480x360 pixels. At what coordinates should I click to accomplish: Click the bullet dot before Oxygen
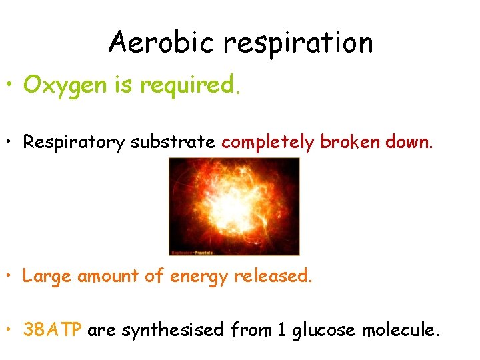tap(11, 86)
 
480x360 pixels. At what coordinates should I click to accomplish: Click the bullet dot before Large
tap(11, 275)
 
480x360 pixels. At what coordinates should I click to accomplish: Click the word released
tap(273, 275)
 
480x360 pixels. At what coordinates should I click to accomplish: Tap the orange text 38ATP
tap(52, 329)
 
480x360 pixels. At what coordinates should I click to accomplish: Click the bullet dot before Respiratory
tap(11, 142)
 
